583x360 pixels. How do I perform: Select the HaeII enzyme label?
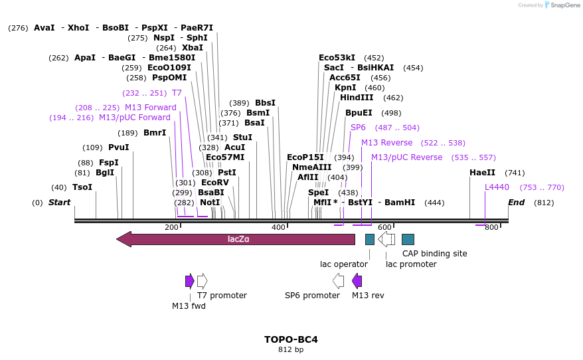point(482,173)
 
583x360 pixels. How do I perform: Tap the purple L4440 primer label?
point(497,187)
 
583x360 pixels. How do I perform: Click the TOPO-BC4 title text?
point(291,339)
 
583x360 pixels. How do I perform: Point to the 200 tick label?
point(171,227)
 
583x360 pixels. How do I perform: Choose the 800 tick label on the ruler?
point(491,227)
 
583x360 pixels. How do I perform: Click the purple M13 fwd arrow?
point(189,281)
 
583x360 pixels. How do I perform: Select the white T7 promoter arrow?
point(202,281)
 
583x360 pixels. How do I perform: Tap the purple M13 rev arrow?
point(357,281)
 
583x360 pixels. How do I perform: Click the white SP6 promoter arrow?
point(338,281)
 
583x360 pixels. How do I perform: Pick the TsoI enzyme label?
point(82,187)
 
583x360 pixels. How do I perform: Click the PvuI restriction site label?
point(118,147)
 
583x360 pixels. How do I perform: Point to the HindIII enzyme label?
point(357,98)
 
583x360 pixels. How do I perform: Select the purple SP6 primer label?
point(358,128)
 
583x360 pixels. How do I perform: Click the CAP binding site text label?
point(434,254)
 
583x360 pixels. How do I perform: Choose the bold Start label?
point(59,203)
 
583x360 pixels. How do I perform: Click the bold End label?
point(516,203)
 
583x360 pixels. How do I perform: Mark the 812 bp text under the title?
point(291,350)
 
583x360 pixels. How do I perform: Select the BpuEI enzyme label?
point(359,113)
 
